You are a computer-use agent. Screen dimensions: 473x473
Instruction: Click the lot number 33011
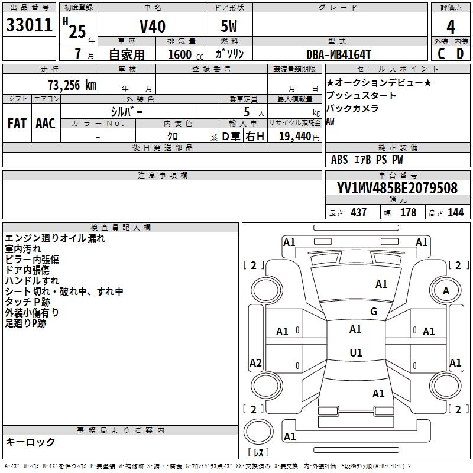click(x=29, y=25)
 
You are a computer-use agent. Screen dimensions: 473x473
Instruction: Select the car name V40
click(x=153, y=26)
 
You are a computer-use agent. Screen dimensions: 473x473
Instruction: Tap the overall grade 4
click(x=451, y=27)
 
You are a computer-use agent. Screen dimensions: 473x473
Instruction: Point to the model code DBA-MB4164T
click(x=338, y=54)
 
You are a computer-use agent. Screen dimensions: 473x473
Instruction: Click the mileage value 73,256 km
click(x=72, y=85)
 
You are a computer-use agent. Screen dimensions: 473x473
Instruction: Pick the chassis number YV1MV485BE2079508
click(x=397, y=187)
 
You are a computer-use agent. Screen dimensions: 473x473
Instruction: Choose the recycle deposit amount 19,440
click(x=295, y=137)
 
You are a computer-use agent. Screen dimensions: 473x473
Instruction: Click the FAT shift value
click(x=17, y=124)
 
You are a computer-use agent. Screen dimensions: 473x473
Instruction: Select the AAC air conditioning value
click(x=46, y=124)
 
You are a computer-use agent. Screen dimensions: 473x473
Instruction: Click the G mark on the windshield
click(x=374, y=311)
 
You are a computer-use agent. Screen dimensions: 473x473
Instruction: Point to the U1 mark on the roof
click(x=356, y=352)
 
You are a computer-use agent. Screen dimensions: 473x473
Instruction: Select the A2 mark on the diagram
click(x=255, y=362)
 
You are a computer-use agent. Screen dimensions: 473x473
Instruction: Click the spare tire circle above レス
click(x=258, y=431)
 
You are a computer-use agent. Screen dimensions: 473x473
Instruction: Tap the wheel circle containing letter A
click(x=446, y=290)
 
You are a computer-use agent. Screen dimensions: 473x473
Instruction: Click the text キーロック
click(x=30, y=442)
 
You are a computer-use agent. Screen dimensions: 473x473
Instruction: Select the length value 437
click(x=358, y=212)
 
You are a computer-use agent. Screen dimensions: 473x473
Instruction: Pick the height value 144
click(x=455, y=212)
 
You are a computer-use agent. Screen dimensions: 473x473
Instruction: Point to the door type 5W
click(x=229, y=26)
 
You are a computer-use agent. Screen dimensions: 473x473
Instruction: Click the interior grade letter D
click(x=460, y=54)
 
